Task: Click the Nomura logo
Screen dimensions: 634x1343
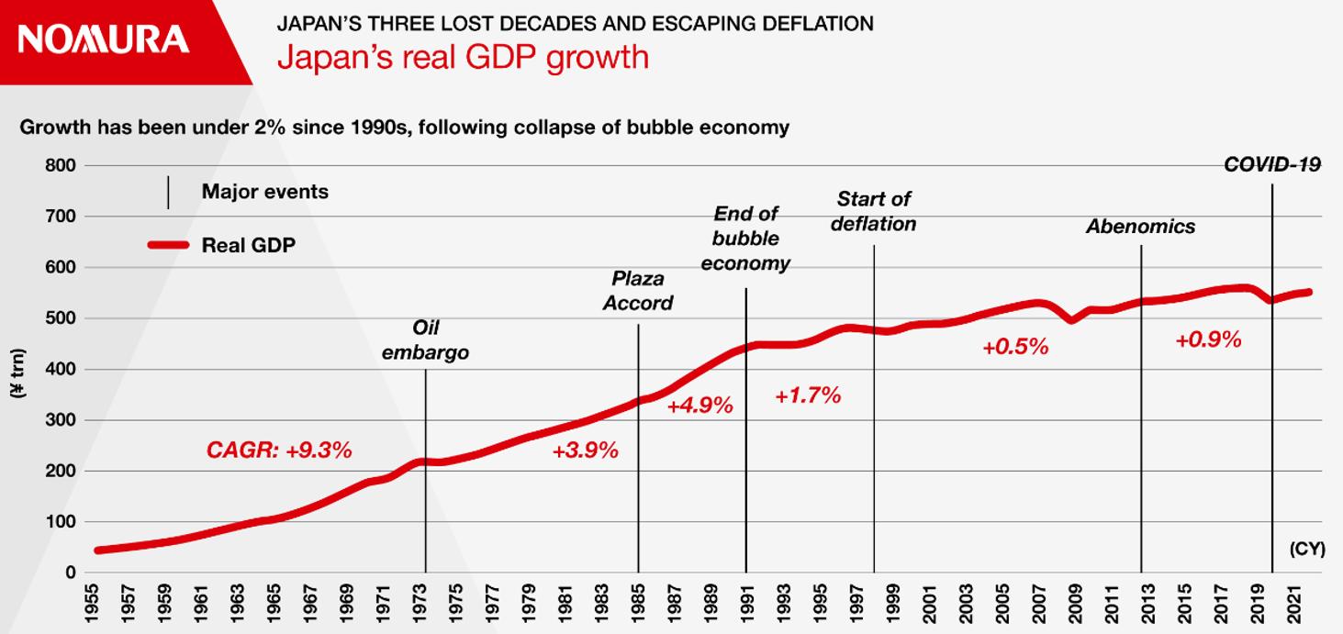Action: (103, 39)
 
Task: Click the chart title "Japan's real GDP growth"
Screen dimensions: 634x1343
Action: (463, 57)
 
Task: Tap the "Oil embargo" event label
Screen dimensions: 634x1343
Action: (425, 340)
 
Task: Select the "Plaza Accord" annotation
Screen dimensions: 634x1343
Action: (638, 291)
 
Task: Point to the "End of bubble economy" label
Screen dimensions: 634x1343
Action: (745, 239)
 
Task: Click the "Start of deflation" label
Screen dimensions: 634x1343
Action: (873, 211)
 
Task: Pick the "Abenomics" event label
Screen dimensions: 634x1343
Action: (1140, 227)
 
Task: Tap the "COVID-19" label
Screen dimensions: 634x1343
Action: (1271, 165)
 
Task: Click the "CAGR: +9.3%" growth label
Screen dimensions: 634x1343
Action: (279, 450)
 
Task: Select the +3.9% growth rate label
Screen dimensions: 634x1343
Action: (585, 450)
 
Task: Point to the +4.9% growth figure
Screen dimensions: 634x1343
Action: (699, 405)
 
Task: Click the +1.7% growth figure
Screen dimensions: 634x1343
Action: (808, 396)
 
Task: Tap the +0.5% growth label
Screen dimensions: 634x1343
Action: (1014, 347)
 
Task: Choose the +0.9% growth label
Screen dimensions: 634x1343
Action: (1208, 339)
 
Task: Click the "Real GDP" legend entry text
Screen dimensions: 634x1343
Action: (248, 245)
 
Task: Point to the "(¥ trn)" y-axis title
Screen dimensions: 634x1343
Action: (18, 370)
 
